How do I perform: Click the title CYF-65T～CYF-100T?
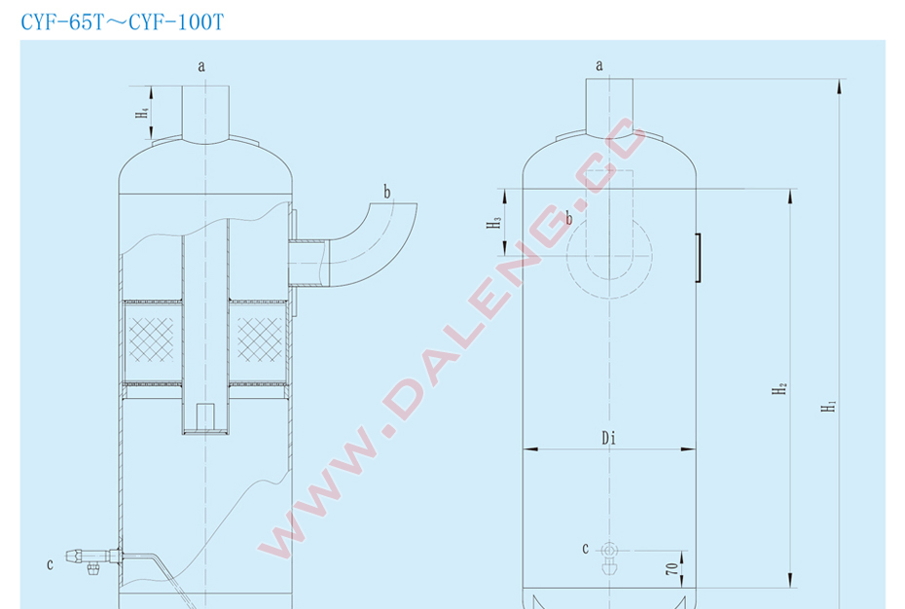(x=122, y=22)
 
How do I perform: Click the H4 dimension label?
(x=141, y=112)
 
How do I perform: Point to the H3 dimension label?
(x=493, y=222)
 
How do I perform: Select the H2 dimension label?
(x=779, y=388)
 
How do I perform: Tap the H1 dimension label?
(x=828, y=406)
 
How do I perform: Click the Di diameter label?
(x=609, y=438)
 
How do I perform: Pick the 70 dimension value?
(x=672, y=568)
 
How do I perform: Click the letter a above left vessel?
(x=201, y=67)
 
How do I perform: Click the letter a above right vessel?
(x=599, y=65)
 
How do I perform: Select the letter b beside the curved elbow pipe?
(x=387, y=192)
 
